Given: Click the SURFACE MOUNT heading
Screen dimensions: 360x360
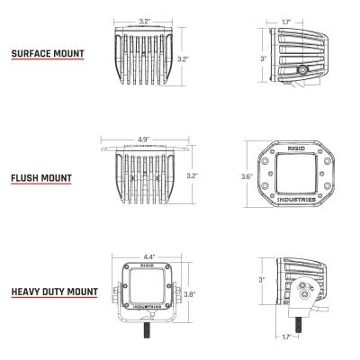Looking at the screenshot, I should click(48, 54).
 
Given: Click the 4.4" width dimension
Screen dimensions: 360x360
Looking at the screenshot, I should click(148, 256).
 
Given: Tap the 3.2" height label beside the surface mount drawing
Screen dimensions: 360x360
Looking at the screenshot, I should click(183, 58).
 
